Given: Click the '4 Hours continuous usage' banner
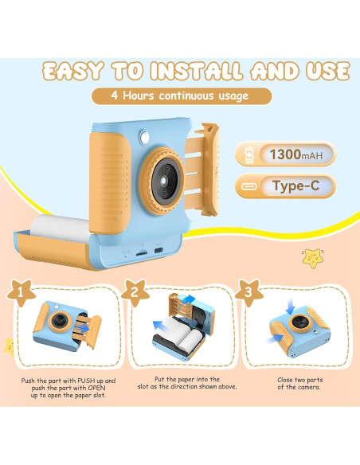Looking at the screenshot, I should pos(180,97).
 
